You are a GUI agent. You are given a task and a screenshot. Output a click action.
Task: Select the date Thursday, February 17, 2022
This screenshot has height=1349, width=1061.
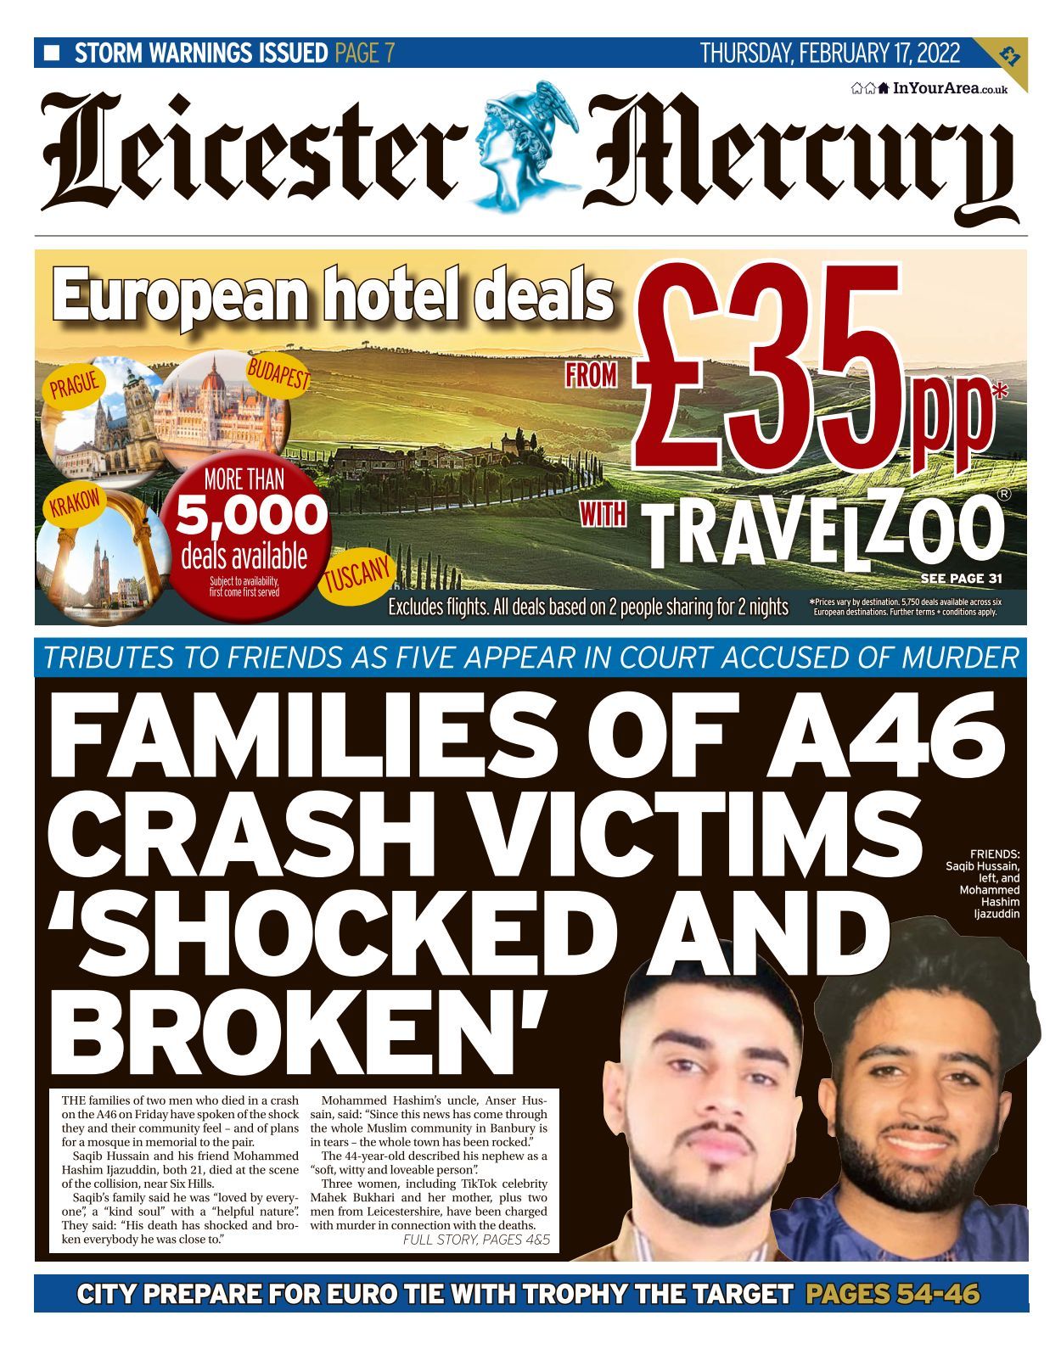(829, 53)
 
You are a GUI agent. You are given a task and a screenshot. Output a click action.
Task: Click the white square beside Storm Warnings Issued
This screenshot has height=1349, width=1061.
(52, 53)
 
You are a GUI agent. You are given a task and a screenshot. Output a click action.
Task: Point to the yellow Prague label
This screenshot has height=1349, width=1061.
(75, 384)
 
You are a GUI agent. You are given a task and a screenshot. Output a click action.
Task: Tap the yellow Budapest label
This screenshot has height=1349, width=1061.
(278, 374)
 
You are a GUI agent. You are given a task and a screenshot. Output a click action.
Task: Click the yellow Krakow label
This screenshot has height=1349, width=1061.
(75, 505)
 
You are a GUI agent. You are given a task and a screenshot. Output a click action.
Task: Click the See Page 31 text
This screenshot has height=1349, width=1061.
(961, 579)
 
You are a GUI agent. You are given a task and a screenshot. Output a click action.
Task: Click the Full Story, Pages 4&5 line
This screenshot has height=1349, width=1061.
(476, 1240)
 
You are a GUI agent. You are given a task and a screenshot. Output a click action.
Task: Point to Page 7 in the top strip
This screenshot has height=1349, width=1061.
(365, 53)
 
